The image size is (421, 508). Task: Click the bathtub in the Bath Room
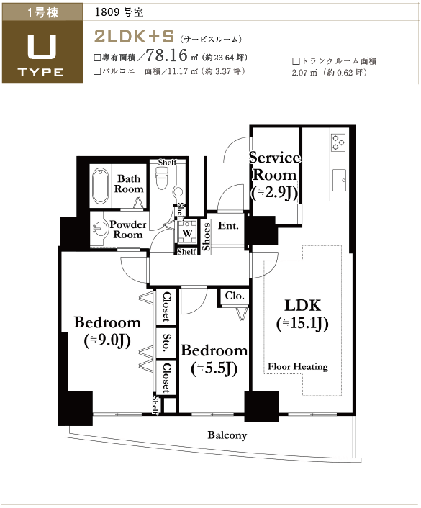pos(100,186)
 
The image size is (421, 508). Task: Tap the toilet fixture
pos(164,178)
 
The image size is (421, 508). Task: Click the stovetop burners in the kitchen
pos(338,142)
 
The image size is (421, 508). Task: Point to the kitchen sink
pos(340,180)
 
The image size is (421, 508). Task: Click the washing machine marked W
pos(187,232)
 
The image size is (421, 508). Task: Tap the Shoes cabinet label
pos(206,237)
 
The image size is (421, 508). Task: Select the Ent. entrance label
pos(228,225)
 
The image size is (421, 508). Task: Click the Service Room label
pos(274,166)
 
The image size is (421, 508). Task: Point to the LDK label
pos(303,306)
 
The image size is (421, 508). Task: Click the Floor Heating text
pos(298,366)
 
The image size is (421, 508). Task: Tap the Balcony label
pos(227,435)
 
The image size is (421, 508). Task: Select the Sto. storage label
pos(166,343)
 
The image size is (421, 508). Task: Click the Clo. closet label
pos(235,296)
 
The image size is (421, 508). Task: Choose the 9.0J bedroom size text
pos(107,340)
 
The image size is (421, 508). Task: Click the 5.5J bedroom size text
pos(214,368)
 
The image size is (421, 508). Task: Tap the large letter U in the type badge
pos(42,47)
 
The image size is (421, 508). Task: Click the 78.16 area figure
pos(167,55)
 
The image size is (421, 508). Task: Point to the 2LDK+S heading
pos(134,37)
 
